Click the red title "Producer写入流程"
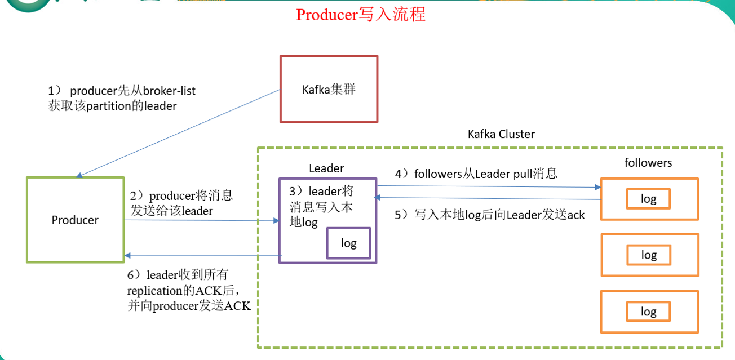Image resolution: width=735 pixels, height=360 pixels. pos(361,15)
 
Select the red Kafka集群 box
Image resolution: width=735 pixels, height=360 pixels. pos(329,88)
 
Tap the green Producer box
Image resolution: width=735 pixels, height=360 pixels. pos(75,220)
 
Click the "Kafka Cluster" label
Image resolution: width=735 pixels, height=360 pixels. pos(501,134)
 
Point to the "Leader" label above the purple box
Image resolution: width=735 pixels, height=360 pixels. pos(326,168)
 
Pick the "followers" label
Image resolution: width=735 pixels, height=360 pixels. pos(648,162)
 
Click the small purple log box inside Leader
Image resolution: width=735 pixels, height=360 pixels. pos(349,243)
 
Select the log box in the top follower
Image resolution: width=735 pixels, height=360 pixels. pos(649,199)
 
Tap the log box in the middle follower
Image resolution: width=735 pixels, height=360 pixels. pos(649,255)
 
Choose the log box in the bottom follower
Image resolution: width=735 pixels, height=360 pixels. pos(649,312)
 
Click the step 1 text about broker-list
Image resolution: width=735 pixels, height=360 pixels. pos(122,97)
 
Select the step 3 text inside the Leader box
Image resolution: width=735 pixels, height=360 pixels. pos(322,206)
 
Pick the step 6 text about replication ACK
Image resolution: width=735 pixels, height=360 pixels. pos(189,290)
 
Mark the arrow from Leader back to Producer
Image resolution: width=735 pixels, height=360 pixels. pos(203,255)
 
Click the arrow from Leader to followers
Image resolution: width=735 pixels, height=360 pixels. pos(488,186)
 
